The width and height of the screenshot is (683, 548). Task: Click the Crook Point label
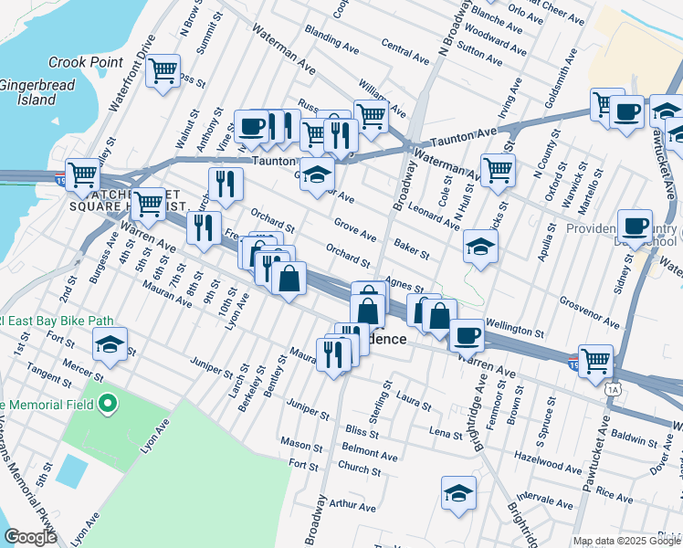point(86,61)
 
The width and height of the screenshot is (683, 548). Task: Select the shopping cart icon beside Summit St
point(163,71)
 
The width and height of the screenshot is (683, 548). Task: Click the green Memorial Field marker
point(110,403)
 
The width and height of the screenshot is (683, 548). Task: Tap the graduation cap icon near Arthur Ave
point(458,493)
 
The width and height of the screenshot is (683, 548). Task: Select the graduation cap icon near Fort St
point(110,345)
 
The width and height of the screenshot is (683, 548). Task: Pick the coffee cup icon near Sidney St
point(635,225)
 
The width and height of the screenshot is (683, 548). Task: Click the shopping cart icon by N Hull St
point(498,169)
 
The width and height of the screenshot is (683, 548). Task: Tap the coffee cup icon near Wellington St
point(467,335)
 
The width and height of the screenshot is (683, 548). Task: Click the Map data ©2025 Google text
point(626,541)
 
